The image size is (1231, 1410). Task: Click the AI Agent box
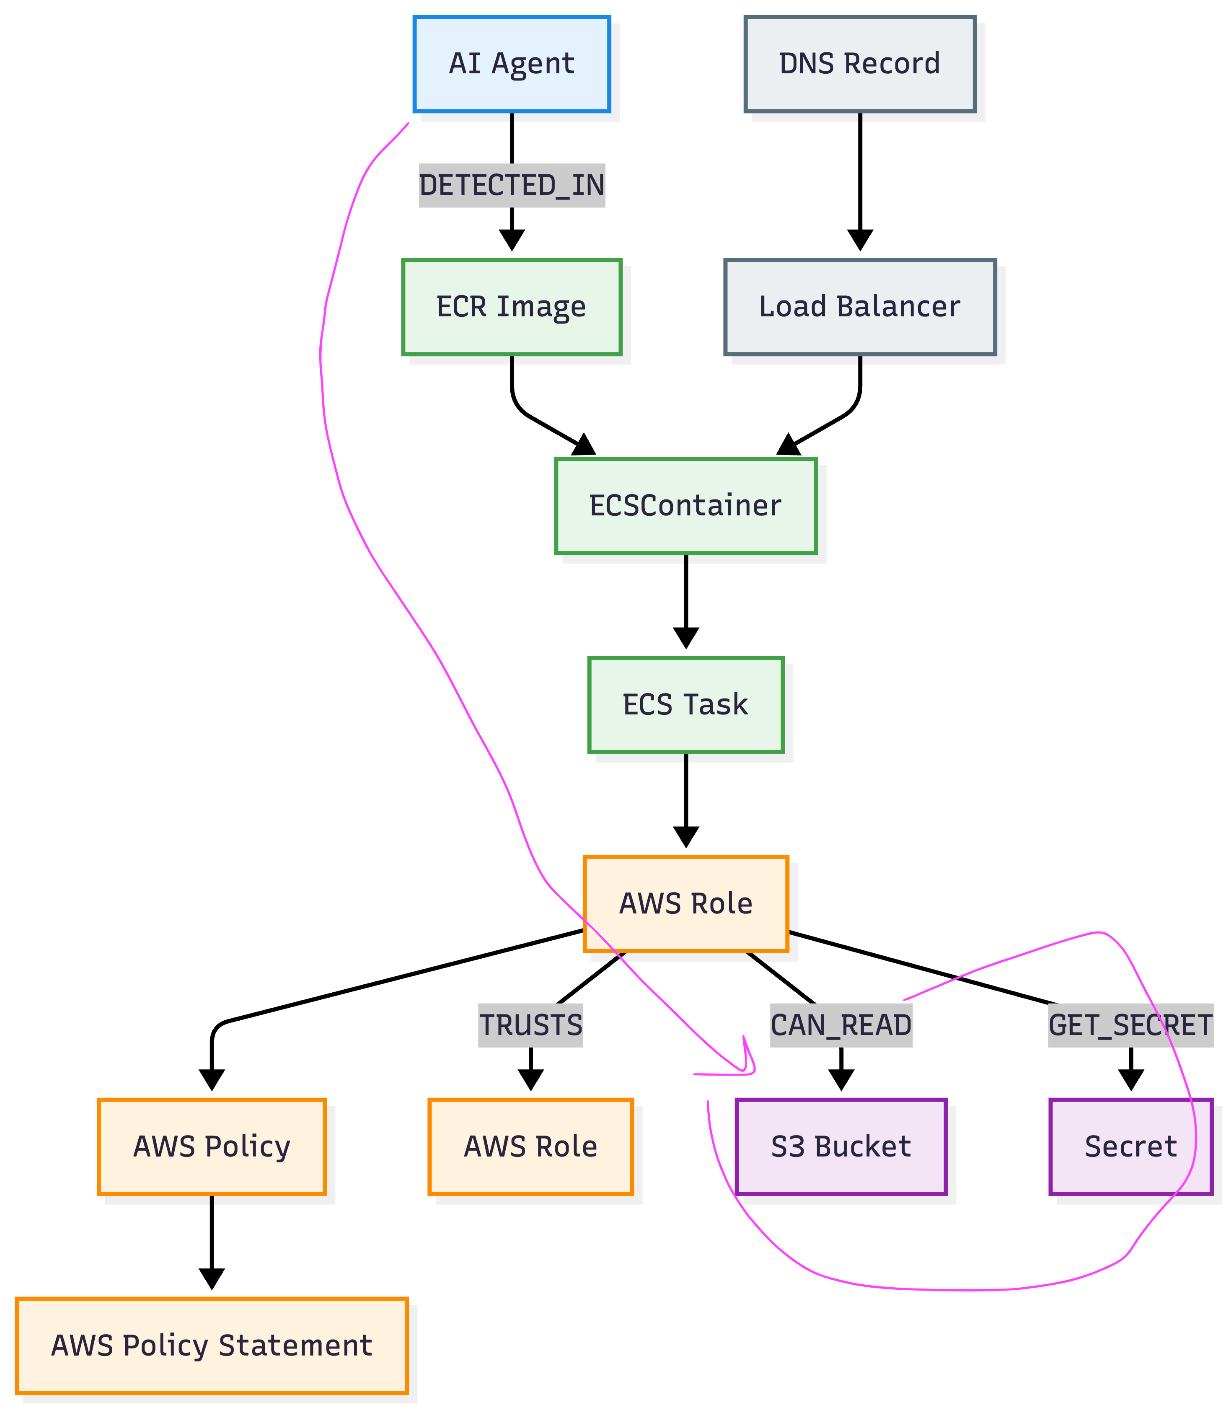point(512,64)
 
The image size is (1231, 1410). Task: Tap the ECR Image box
point(512,307)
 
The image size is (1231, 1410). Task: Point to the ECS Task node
point(685,705)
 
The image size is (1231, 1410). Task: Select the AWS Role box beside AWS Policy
point(530,1147)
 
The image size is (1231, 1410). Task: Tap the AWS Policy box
point(212,1147)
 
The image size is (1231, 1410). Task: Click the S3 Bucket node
point(841,1147)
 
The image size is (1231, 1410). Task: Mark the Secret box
point(1131,1147)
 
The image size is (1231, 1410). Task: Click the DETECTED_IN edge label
point(512,186)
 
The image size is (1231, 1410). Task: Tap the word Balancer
point(898,307)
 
